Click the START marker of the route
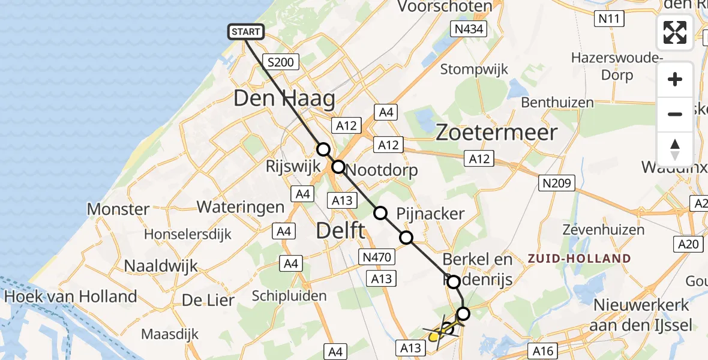(246, 32)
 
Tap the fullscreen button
(675, 32)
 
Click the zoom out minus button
(675, 114)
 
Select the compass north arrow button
(675, 149)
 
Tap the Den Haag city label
(284, 98)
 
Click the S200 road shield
(281, 62)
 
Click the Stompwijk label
(474, 69)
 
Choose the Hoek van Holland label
(70, 296)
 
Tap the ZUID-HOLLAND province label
(579, 259)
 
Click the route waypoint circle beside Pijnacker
(380, 212)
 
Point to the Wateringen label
(241, 208)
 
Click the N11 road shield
(610, 19)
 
